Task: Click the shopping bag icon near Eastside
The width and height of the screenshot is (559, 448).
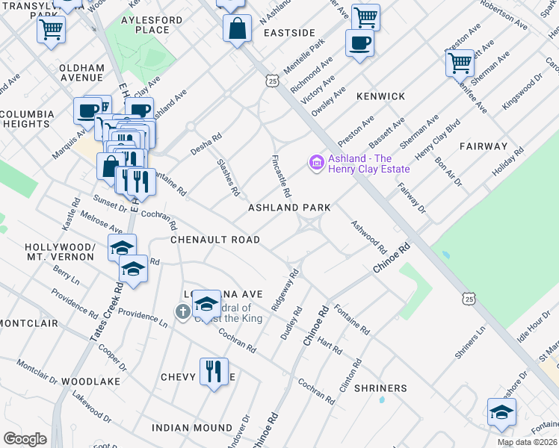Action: pos(237,30)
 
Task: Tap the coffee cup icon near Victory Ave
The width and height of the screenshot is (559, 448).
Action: pos(359,43)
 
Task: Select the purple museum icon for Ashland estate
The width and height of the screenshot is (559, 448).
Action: pos(315,161)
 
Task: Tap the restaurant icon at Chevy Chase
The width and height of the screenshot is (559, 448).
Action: pos(214,371)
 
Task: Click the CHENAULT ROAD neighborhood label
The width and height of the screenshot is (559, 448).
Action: pos(215,240)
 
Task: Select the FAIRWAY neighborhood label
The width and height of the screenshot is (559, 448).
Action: pos(484,146)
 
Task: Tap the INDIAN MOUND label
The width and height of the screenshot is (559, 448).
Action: pos(192,428)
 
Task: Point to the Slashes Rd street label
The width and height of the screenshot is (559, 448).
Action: pos(227,177)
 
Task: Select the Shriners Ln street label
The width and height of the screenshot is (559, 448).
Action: pos(470,340)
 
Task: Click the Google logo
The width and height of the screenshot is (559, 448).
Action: pos(25,439)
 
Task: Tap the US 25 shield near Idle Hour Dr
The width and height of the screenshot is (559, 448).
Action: pos(469,299)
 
